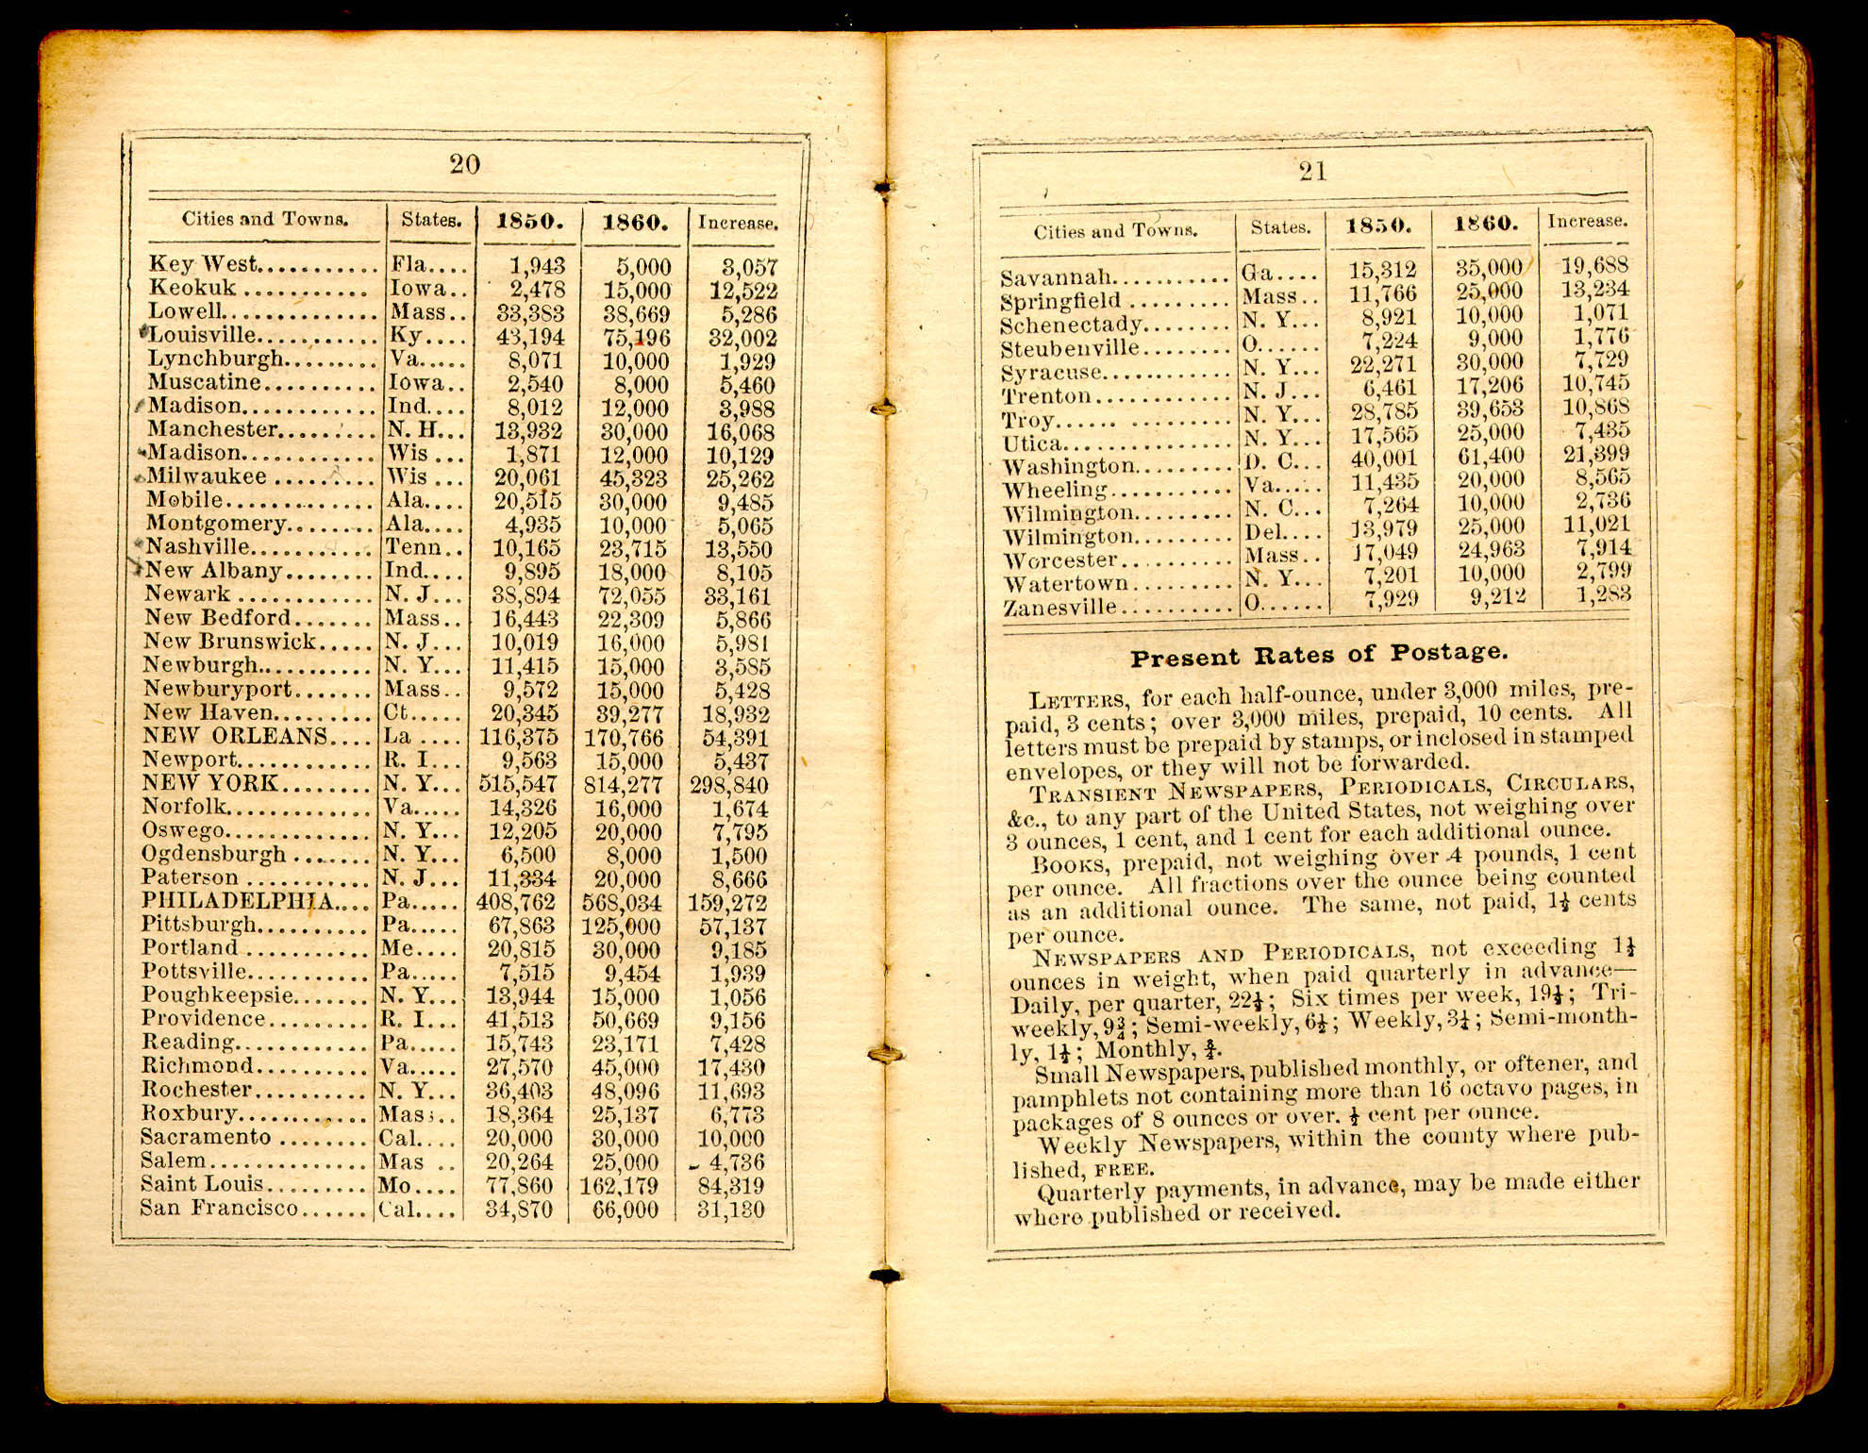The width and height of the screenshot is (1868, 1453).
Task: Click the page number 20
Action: click(464, 165)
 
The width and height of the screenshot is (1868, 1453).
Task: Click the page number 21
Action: click(1312, 172)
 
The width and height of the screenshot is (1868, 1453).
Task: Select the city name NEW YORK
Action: click(209, 783)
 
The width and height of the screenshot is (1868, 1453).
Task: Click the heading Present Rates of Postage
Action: click(1319, 654)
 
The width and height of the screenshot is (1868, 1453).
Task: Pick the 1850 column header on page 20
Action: click(529, 223)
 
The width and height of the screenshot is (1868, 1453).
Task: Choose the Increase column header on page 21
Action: click(1587, 222)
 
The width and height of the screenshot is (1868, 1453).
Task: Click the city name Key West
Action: click(203, 264)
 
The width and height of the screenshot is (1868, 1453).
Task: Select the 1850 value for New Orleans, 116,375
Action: click(518, 737)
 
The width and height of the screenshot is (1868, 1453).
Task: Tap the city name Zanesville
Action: click(1059, 608)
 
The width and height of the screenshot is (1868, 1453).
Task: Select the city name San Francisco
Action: click(219, 1209)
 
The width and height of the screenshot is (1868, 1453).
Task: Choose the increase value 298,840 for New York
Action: click(728, 785)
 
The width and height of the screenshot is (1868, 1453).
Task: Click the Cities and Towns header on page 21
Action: click(1115, 231)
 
